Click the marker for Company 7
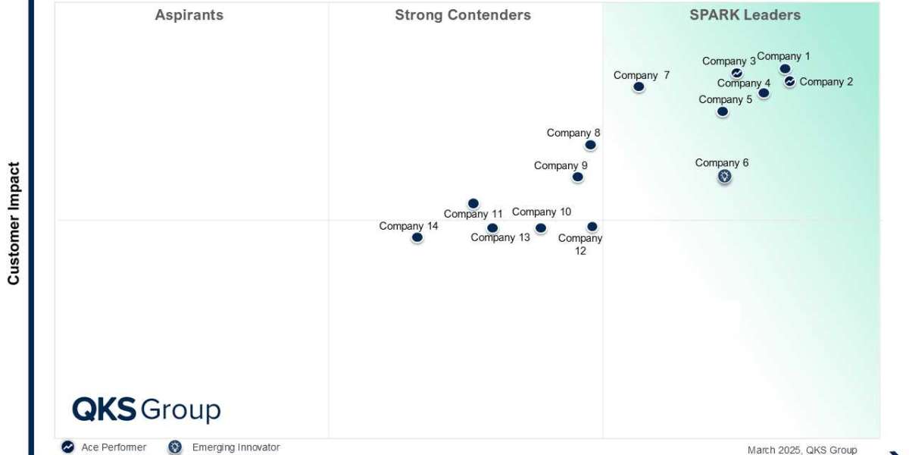[639, 86]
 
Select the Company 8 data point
[590, 145]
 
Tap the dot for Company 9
[577, 177]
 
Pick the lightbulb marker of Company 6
[725, 176]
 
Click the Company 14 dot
[417, 237]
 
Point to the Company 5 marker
[723, 111]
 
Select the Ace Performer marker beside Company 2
[789, 81]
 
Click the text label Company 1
[783, 56]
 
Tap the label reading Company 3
[729, 61]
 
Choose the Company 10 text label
[542, 212]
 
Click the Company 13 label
[500, 237]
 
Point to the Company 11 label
[473, 214]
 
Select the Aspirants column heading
[189, 15]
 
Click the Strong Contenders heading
[463, 15]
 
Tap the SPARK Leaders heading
[745, 15]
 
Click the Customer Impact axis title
[14, 224]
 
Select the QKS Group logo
[146, 409]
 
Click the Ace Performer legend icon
[67, 447]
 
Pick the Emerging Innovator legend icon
[175, 447]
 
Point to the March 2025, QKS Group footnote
[802, 450]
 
